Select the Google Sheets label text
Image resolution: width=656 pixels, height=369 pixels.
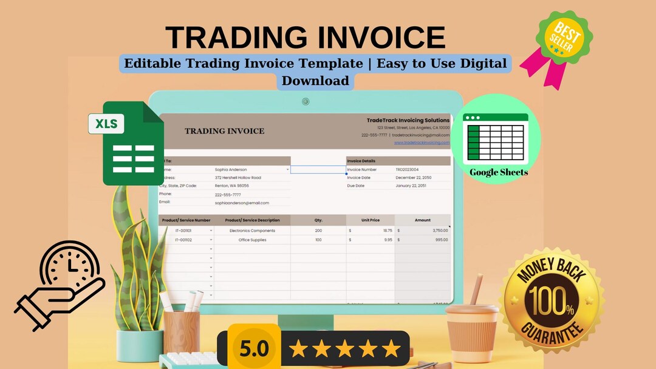[x=499, y=172]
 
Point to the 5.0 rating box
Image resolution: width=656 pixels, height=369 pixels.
[x=254, y=349]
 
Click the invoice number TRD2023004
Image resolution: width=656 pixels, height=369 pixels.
[x=407, y=170]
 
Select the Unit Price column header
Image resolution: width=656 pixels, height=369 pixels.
[x=371, y=220]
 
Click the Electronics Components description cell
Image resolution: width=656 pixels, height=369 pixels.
[x=252, y=231]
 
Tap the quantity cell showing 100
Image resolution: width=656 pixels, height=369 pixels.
[x=318, y=240]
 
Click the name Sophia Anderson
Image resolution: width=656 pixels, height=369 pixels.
[x=231, y=170]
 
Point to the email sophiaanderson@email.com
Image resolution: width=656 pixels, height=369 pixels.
[x=242, y=203]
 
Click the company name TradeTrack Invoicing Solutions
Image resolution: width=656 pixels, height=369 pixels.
[x=408, y=120]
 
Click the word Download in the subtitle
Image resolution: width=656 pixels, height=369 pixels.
[x=315, y=81]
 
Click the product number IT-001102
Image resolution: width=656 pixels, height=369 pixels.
[x=183, y=240]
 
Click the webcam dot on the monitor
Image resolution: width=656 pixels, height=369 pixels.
[x=306, y=101]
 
